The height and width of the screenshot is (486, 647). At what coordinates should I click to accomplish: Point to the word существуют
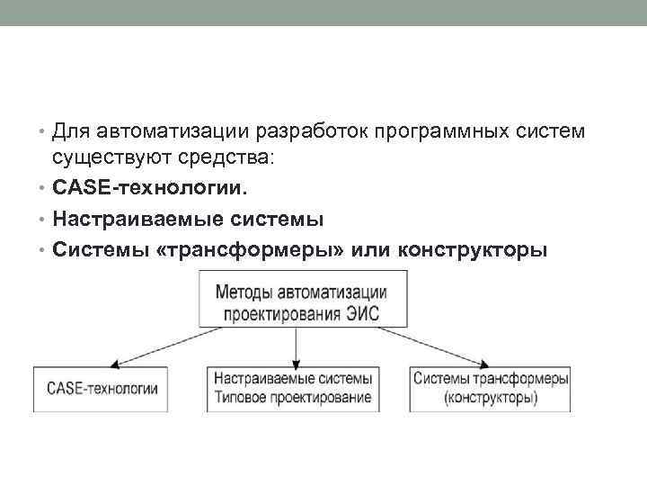point(105,159)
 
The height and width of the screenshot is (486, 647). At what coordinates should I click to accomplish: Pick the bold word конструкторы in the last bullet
point(470,249)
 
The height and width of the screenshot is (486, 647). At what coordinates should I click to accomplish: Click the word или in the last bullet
point(370,249)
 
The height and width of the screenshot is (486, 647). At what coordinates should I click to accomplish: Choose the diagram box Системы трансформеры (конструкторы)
point(491,389)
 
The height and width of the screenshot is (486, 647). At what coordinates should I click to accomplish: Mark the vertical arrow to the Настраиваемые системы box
point(297,346)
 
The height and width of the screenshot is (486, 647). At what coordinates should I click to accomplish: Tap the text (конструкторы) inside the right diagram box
point(491,398)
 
